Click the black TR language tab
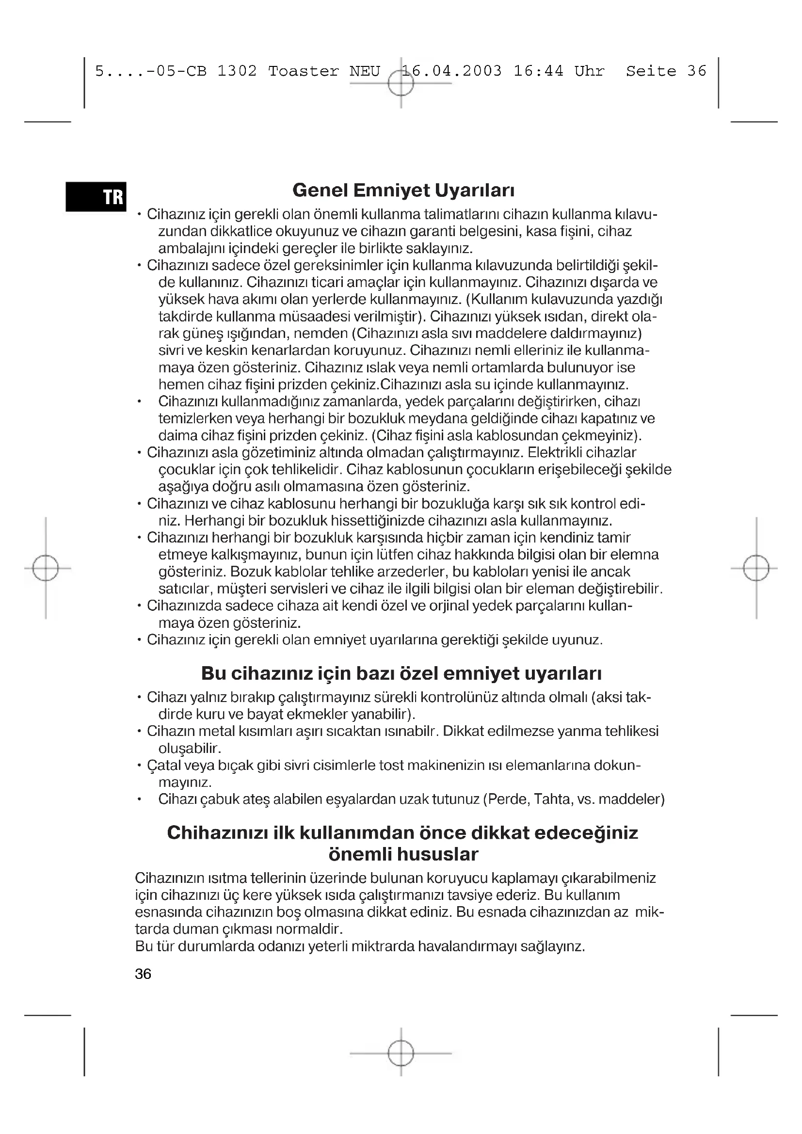pos(96,196)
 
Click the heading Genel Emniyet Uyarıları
pos(403,190)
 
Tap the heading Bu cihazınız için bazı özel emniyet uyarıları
pos(401,673)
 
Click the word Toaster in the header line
pos(303,72)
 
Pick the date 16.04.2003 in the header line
pos(451,72)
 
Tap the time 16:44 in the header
pos(538,72)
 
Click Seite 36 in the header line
pos(666,72)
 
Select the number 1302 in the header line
pos(237,72)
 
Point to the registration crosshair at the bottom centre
pos(401,1054)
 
